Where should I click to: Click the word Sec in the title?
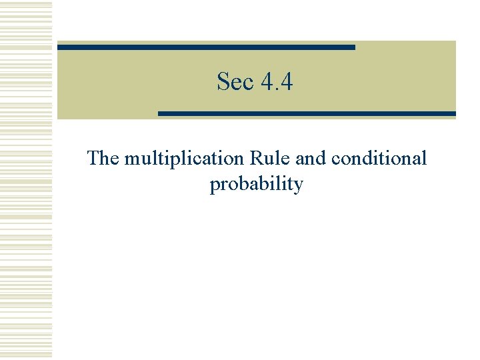(x=235, y=82)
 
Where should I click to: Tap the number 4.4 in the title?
(x=277, y=82)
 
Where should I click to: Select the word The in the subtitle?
(x=103, y=159)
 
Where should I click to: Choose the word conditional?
(x=379, y=159)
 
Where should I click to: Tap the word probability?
(x=256, y=184)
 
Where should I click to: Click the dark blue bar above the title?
(x=206, y=47)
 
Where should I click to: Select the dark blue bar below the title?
(x=307, y=114)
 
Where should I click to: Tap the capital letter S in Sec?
(x=223, y=82)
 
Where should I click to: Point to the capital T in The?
(x=93, y=159)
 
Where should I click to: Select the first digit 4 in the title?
(x=267, y=82)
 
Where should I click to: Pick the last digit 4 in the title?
(x=287, y=82)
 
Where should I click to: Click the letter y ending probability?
(x=298, y=185)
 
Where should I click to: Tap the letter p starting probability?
(x=215, y=185)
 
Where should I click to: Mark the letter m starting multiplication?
(x=132, y=159)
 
